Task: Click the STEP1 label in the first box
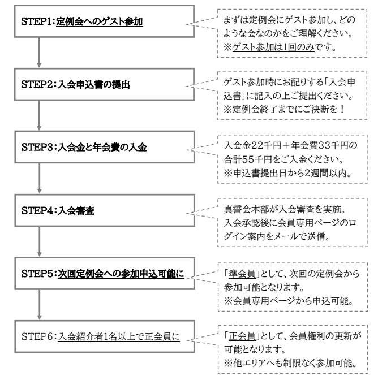[36, 21]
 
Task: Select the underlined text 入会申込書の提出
[93, 85]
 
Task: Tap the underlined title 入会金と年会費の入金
[102, 148]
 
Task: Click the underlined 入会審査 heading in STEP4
[76, 210]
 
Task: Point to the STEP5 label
[37, 274]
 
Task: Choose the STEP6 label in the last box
[37, 336]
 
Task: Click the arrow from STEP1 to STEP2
[39, 53]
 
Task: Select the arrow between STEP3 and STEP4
[40, 178]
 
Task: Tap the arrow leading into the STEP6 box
[40, 304]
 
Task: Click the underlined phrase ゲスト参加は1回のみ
[273, 47]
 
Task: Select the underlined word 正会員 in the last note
[242, 336]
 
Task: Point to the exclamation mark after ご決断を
[342, 109]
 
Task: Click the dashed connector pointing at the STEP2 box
[201, 85]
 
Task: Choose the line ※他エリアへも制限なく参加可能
[290, 363]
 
